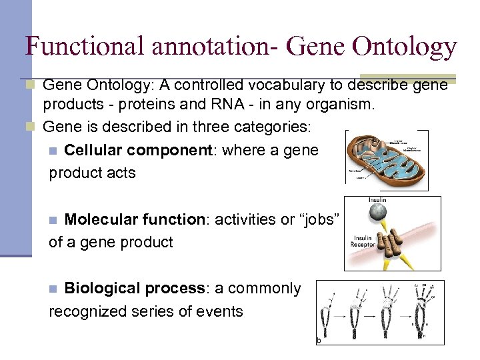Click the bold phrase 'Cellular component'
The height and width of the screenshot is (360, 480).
(137, 151)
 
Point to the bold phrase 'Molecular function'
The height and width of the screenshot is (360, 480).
(135, 220)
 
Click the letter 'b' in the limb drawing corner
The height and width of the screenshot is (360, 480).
(318, 340)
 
